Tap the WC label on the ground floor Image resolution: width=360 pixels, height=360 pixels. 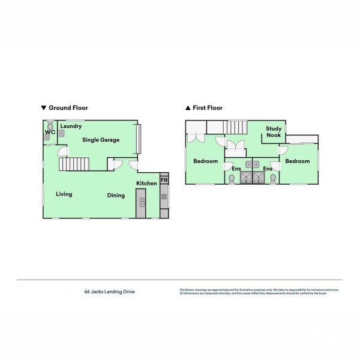[x=50, y=131]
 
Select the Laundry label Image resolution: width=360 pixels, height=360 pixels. [x=71, y=126]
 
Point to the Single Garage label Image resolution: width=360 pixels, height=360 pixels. [x=101, y=140]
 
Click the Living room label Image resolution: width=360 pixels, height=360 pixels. [x=64, y=194]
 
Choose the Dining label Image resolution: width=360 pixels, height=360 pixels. [x=116, y=195]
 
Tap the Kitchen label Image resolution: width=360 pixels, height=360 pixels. [x=146, y=183]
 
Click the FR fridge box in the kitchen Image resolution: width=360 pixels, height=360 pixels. [x=164, y=180]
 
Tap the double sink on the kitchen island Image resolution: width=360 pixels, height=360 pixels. [x=141, y=202]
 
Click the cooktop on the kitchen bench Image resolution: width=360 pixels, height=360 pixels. [x=164, y=196]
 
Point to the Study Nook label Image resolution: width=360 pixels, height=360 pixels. [x=274, y=132]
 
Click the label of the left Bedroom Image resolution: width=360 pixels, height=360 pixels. [x=205, y=161]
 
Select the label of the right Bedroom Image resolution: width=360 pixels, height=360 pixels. [x=297, y=161]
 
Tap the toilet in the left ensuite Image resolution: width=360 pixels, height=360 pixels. [x=232, y=178]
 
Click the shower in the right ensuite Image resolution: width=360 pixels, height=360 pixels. [x=259, y=178]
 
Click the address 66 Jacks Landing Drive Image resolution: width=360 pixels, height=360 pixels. [x=109, y=292]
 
